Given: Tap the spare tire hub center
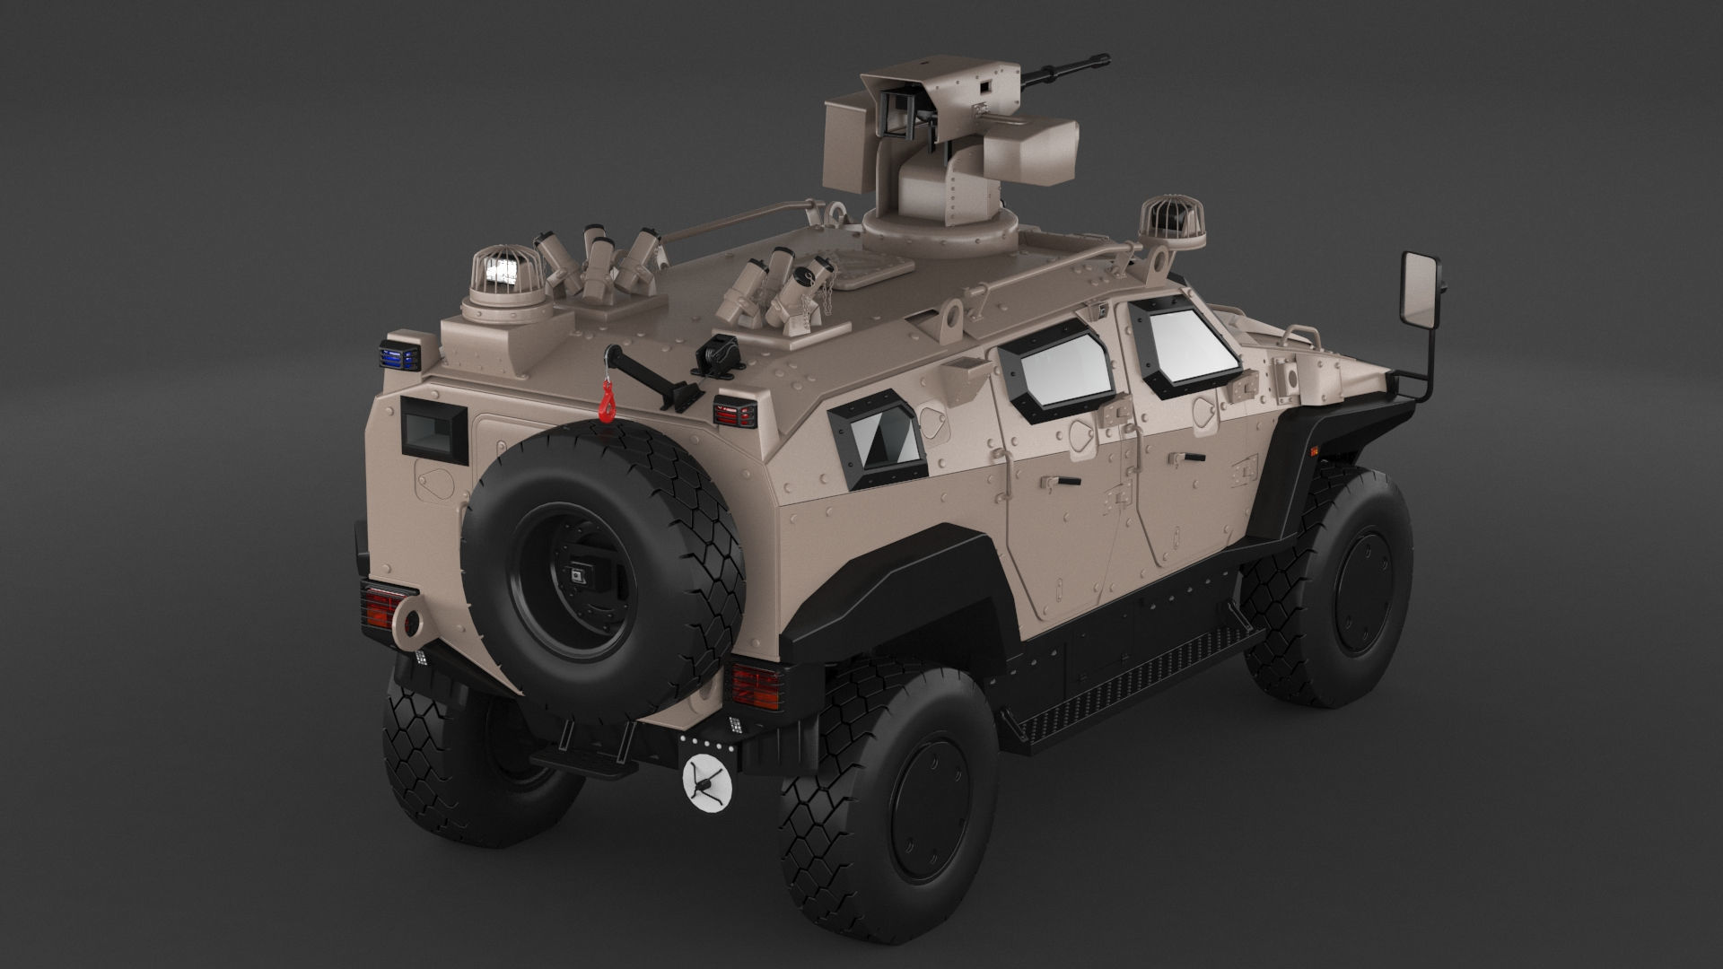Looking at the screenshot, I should point(574,574).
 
